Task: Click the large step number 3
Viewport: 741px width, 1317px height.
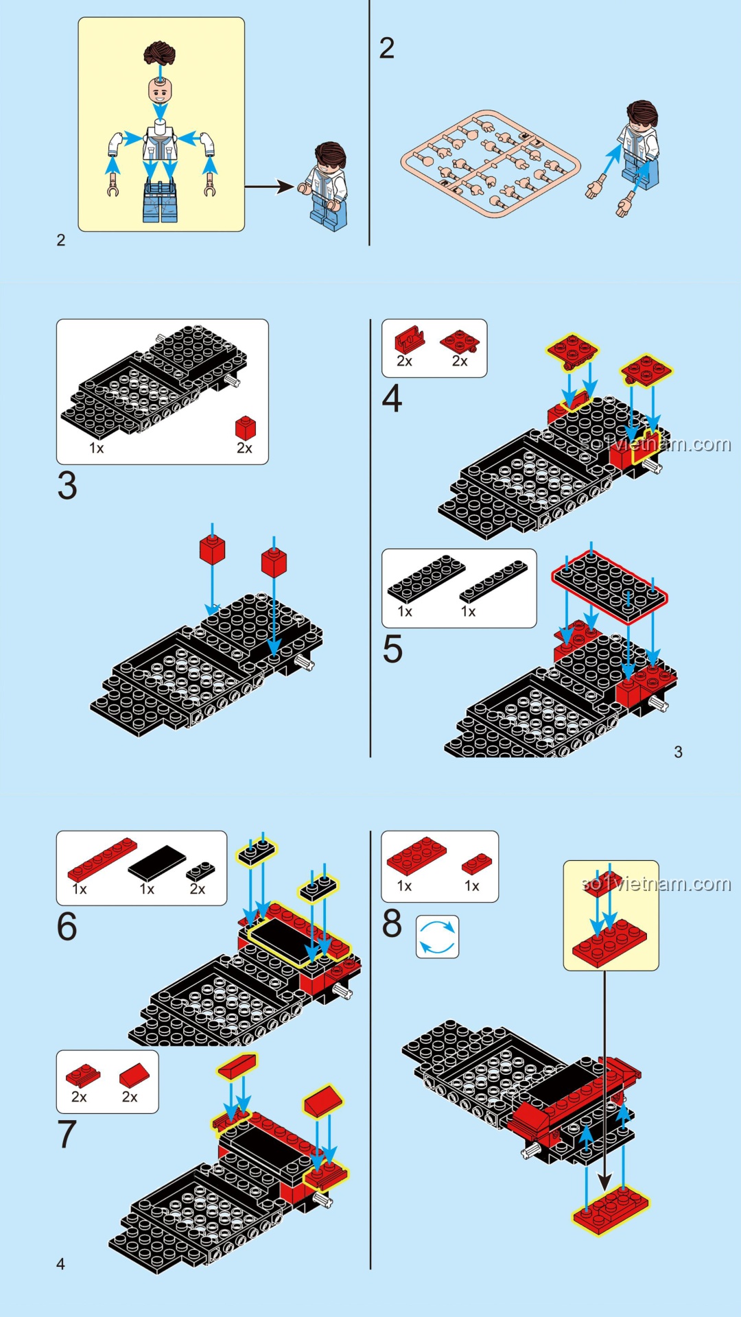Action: [x=67, y=486]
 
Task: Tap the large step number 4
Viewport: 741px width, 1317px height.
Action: [x=392, y=399]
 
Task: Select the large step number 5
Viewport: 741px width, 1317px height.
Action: [x=392, y=649]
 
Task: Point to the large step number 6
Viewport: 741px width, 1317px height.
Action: [x=67, y=926]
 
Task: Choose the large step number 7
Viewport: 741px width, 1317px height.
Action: [x=67, y=1134]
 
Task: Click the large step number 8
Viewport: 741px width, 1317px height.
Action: [x=392, y=923]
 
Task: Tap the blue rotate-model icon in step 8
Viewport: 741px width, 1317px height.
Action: [x=437, y=937]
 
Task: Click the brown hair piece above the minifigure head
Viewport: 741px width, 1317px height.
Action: [x=160, y=53]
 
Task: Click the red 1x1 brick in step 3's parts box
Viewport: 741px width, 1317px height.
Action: [x=245, y=427]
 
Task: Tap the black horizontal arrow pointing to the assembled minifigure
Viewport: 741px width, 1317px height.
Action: [x=270, y=186]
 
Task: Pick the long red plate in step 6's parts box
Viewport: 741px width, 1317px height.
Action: [x=102, y=859]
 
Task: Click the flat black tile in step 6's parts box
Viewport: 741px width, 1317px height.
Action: [x=157, y=862]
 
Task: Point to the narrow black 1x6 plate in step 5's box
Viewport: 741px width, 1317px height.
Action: [x=494, y=582]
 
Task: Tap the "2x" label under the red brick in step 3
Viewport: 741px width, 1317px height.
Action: [x=244, y=449]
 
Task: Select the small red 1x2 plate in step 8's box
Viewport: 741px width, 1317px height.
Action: [x=477, y=864]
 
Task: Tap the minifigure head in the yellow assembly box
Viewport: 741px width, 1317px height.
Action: [x=160, y=90]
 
